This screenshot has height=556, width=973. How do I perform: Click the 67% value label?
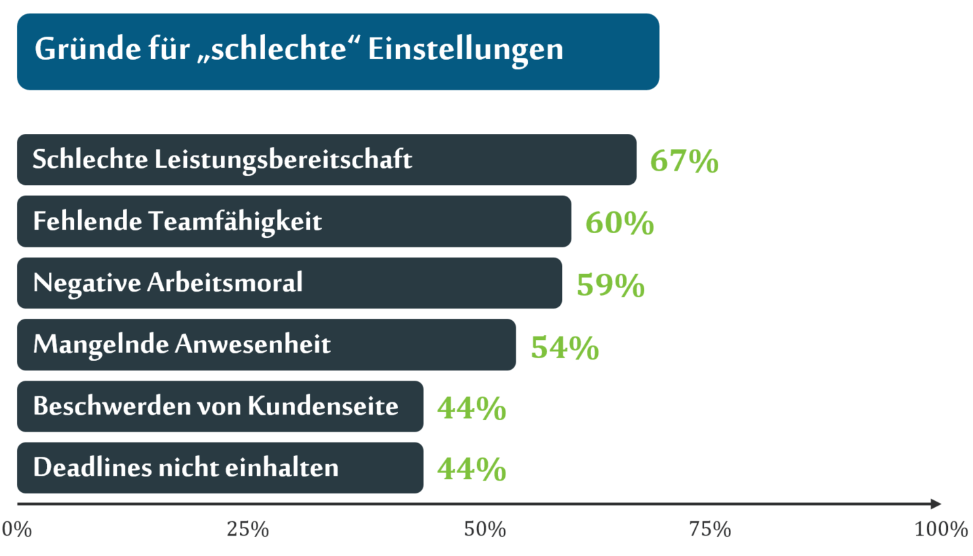point(684,161)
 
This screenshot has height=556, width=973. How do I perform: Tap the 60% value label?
point(619,223)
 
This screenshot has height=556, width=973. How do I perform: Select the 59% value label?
point(610,285)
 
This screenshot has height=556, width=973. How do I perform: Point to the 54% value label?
point(564,347)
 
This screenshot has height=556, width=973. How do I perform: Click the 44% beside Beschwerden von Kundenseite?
point(471,409)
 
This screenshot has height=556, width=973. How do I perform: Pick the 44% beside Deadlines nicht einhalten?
point(471,469)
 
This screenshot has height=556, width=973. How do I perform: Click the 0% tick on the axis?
point(18,529)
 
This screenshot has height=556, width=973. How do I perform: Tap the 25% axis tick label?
point(247,529)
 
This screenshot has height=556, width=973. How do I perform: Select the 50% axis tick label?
point(485,529)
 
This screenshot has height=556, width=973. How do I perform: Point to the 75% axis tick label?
point(710,529)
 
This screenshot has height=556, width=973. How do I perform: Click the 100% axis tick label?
point(941,529)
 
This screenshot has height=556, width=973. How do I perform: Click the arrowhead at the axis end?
point(936,504)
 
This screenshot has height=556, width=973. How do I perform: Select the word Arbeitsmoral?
point(224,283)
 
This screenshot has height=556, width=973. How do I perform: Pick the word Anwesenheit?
point(253,345)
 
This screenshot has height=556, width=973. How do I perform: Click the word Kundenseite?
point(323,406)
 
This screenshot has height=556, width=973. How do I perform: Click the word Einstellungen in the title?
point(465,50)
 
